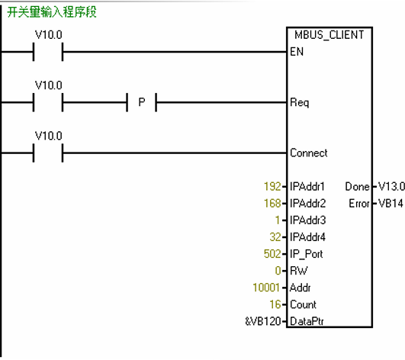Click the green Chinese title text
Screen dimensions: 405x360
(x=52, y=12)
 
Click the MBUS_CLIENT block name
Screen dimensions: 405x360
(x=329, y=35)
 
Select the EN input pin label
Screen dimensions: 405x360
(x=297, y=52)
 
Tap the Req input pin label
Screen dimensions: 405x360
(x=300, y=102)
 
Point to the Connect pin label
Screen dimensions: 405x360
(x=309, y=153)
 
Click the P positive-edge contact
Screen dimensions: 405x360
(x=142, y=102)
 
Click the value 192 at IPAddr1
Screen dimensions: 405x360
(x=272, y=186)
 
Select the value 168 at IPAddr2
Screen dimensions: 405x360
(x=272, y=203)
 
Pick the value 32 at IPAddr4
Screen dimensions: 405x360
(x=275, y=237)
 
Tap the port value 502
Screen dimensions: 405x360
(x=272, y=254)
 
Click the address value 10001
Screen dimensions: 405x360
(x=266, y=288)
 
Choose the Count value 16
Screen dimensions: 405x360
(x=275, y=304)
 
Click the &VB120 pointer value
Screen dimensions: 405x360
(x=263, y=321)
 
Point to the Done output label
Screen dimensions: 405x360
(x=358, y=186)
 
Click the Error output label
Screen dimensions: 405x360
(x=359, y=203)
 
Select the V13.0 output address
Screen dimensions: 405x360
(x=391, y=186)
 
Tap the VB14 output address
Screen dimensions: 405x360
(x=391, y=203)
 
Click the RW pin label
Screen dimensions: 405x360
(x=299, y=271)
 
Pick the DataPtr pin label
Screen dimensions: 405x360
(x=307, y=321)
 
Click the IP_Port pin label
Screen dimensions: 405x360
(x=307, y=254)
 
